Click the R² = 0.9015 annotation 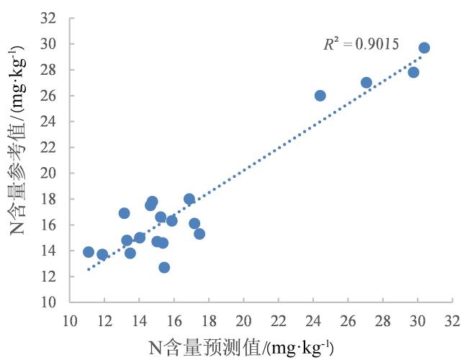coord(361,45)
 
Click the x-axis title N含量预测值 coord(241,348)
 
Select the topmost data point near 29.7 coord(424,48)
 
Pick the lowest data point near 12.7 coord(164,267)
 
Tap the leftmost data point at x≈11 coord(89,252)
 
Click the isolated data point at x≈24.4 coord(320,95)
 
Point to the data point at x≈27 coord(366,82)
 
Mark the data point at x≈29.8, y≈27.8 coord(413,72)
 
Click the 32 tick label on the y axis coord(49,18)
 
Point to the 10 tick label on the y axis coord(49,302)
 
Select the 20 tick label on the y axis coord(49,173)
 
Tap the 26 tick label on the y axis coord(49,96)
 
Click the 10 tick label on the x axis coord(70,318)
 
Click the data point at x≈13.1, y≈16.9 coord(124,213)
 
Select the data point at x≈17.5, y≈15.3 coord(199,233)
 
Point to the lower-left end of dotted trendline coord(88,269)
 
